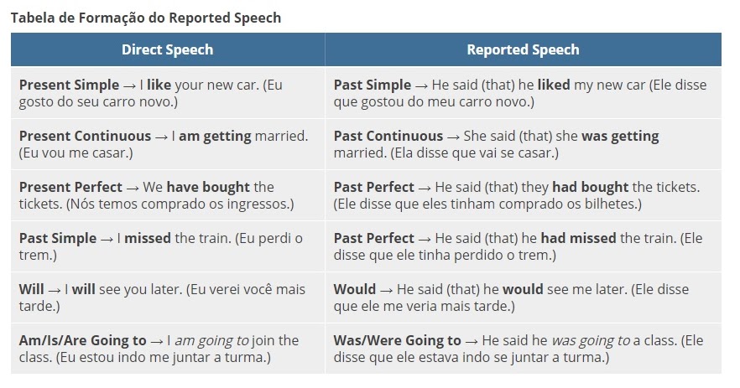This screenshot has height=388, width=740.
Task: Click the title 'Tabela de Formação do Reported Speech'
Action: coord(146,17)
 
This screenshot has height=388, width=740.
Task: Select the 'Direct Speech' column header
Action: coord(167,49)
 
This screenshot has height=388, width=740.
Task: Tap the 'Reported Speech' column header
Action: coord(523,49)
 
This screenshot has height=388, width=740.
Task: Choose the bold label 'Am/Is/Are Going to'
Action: coord(82,341)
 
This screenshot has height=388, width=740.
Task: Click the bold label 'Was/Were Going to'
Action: coord(397,341)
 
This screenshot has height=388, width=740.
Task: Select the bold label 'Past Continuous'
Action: coord(388,137)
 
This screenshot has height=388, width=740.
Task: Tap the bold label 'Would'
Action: coord(354,290)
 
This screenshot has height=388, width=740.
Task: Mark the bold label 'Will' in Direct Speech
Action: coord(31,290)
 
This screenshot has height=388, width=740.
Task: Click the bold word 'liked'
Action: coord(554,85)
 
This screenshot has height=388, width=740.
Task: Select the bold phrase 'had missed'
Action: coord(578,239)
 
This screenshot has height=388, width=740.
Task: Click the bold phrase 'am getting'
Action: coord(215,137)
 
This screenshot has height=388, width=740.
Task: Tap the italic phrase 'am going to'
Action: coord(211,341)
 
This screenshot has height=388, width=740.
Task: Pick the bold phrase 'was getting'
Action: coord(620,137)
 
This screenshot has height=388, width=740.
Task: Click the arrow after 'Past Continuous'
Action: coord(453,137)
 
